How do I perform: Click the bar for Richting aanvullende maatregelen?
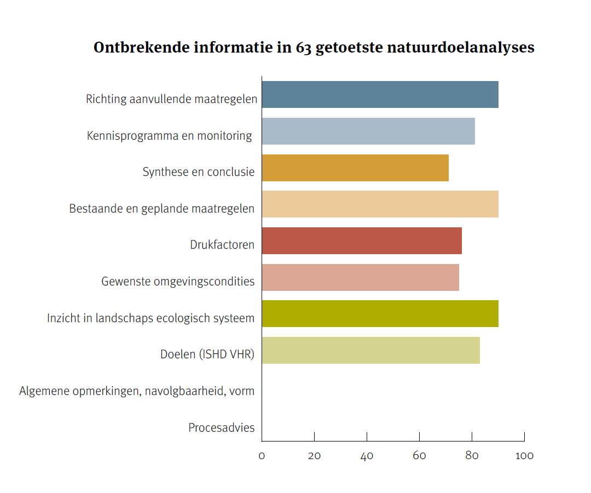[380, 94]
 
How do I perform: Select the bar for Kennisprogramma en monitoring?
[368, 131]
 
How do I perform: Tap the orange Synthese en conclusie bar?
[355, 168]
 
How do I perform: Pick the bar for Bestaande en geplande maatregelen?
[380, 204]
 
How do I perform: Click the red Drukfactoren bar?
[361, 241]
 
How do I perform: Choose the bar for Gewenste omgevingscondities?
[360, 278]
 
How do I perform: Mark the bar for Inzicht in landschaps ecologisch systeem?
[380, 314]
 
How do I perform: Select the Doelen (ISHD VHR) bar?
[370, 351]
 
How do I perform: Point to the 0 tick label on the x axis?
[262, 456]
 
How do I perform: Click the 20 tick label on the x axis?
[314, 456]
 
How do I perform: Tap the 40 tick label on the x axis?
[367, 456]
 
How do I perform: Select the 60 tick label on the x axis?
[419, 456]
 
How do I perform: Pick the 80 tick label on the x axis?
[472, 456]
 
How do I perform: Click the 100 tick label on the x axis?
[524, 456]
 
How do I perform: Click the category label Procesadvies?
[222, 428]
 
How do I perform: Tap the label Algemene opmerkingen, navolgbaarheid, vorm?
[137, 391]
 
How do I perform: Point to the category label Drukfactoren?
[222, 245]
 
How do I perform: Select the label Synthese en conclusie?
[199, 172]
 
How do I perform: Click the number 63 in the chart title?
[304, 48]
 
